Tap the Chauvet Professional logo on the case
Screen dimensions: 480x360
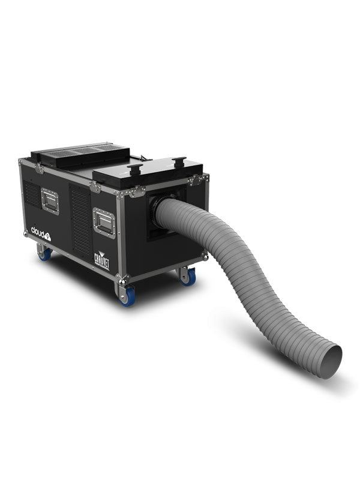click(x=101, y=259)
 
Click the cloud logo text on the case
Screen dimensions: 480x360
click(x=41, y=232)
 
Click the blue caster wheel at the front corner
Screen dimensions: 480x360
click(x=127, y=296)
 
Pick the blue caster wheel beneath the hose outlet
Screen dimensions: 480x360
click(x=188, y=276)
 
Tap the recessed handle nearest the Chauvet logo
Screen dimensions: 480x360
click(x=104, y=223)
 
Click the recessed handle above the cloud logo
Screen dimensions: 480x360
click(x=50, y=200)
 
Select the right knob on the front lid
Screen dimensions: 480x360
click(x=178, y=163)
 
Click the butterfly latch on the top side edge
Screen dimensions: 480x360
click(x=95, y=187)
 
